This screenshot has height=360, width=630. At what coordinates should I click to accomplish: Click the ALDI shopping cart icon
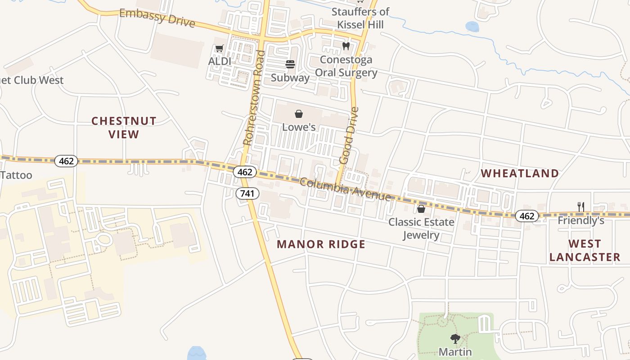tap(219, 49)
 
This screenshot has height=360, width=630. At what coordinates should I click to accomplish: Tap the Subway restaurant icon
tap(290, 64)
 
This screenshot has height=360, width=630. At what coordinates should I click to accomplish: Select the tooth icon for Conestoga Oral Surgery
tap(346, 46)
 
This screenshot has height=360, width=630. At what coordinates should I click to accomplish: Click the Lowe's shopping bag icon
tap(299, 114)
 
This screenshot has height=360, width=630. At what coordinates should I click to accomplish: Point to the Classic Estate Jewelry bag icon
tap(421, 209)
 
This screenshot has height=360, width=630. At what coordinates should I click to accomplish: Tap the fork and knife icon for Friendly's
tap(581, 207)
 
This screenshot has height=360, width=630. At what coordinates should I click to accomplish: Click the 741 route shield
tap(247, 193)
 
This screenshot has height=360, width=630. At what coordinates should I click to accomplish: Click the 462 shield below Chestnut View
tap(66, 161)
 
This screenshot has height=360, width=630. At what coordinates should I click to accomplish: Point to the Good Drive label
tap(349, 135)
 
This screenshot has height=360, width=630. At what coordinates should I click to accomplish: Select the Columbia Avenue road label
tap(345, 189)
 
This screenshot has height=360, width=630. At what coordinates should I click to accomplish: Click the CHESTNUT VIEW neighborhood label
tap(124, 127)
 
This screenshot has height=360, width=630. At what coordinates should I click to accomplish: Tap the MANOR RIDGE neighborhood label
tap(321, 244)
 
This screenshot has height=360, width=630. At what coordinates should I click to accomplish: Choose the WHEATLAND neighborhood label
tap(520, 173)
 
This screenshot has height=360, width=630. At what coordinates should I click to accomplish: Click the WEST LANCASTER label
tap(585, 251)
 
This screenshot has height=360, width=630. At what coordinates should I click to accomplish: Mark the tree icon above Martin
tap(455, 338)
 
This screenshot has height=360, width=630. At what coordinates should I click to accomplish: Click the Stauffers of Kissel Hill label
tap(360, 18)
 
